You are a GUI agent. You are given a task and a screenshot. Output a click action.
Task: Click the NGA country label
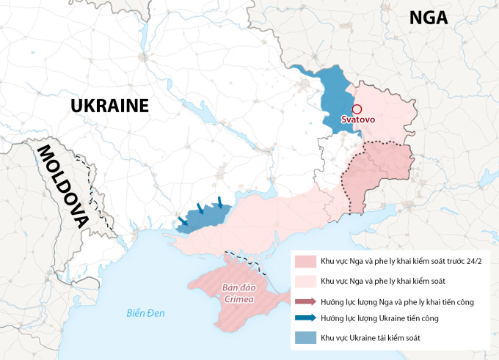tap(429, 18)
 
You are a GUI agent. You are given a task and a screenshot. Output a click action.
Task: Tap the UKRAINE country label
tap(109, 106)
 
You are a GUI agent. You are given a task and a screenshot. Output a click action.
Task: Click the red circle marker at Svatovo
tap(357, 108)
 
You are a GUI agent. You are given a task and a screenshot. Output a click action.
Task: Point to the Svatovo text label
tap(358, 120)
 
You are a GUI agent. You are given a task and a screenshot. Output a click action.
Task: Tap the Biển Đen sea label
tap(145, 313)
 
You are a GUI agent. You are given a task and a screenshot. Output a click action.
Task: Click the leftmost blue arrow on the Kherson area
tap(183, 221)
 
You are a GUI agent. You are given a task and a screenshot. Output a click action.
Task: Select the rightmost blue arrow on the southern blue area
tap(220, 202)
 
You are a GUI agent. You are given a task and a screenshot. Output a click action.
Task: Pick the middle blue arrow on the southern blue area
tap(200, 209)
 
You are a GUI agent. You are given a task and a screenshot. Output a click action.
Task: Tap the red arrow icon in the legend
tap(305, 301)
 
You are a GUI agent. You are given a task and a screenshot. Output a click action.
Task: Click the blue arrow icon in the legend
tap(305, 318)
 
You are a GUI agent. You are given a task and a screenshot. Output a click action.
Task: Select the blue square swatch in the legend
tap(305, 337)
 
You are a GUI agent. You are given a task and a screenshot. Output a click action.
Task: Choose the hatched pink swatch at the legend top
tap(305, 262)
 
